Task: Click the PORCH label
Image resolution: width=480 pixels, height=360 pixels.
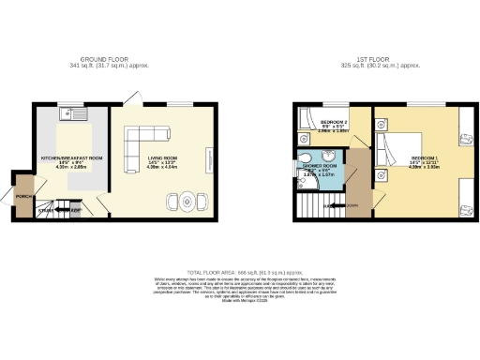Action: point(25,196)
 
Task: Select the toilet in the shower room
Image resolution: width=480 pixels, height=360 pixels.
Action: point(307,157)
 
